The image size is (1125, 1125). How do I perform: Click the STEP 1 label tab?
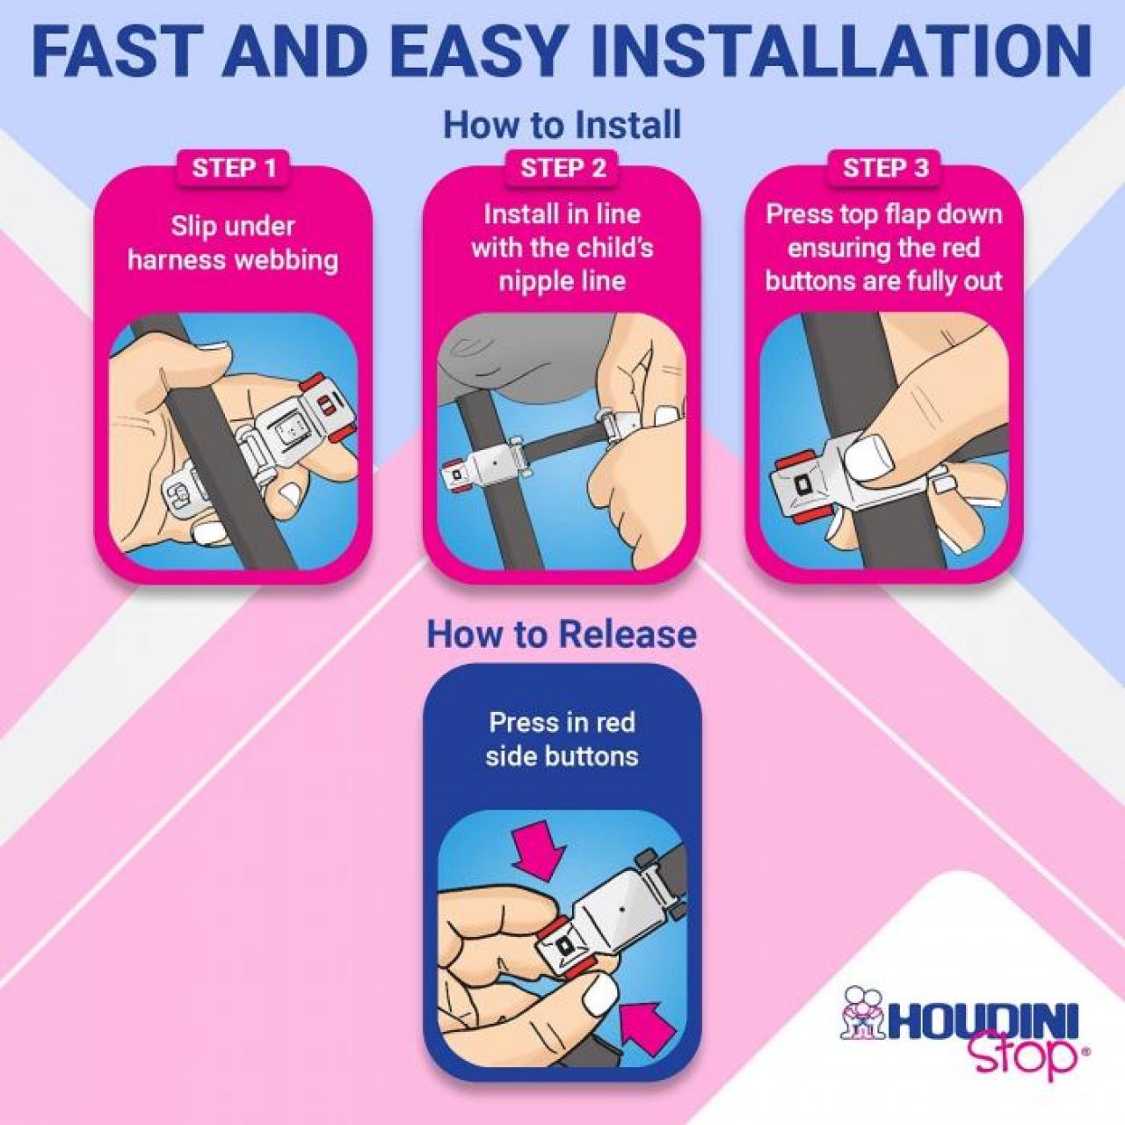[234, 168]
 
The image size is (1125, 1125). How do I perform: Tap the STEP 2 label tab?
[562, 168]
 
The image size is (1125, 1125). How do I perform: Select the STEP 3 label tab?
[885, 168]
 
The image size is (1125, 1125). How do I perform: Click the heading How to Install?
[562, 125]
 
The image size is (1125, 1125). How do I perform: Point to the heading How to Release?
[562, 634]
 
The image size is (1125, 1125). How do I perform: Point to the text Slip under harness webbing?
[233, 243]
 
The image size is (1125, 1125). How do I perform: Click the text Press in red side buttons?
[562, 739]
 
